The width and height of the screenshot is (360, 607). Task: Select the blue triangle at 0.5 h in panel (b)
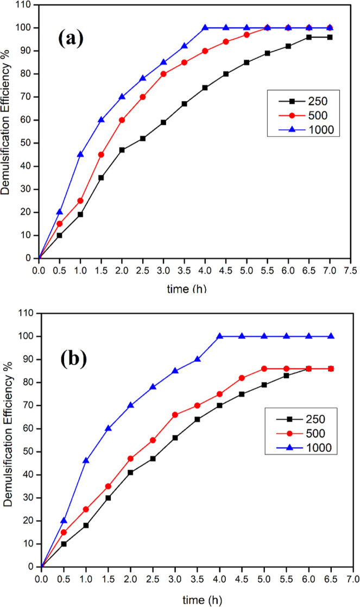[64, 521]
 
